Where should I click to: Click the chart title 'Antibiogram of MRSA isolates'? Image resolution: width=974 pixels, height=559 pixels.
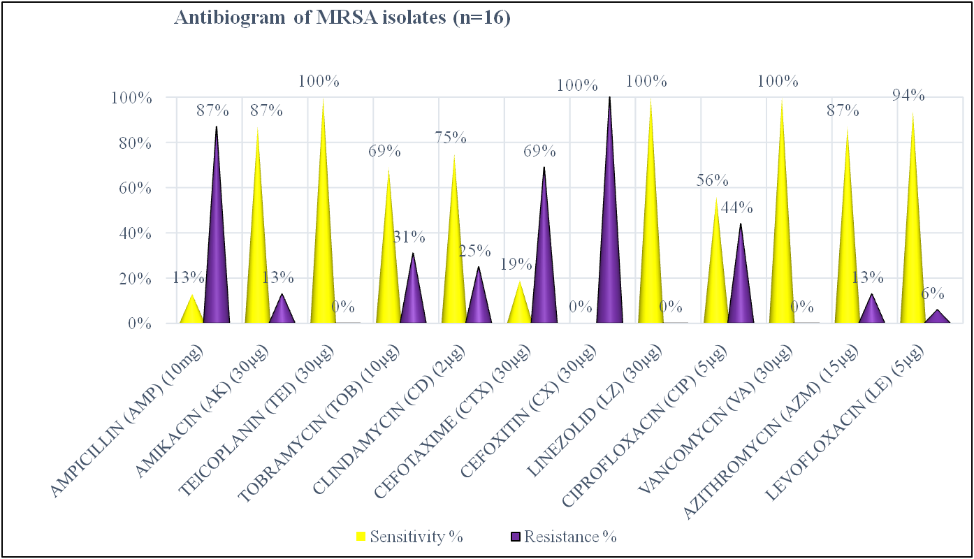[x=342, y=19]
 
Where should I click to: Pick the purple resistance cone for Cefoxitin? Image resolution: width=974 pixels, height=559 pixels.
[x=609, y=245]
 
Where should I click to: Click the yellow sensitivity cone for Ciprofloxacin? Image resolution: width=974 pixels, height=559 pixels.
[x=716, y=279]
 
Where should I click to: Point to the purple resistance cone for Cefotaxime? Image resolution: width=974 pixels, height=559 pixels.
[x=544, y=273]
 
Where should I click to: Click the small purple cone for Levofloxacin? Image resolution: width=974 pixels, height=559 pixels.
[x=937, y=317]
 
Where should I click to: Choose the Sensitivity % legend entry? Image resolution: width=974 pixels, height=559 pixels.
[x=409, y=537]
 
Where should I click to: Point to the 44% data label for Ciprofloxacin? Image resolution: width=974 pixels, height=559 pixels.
[x=736, y=208]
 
